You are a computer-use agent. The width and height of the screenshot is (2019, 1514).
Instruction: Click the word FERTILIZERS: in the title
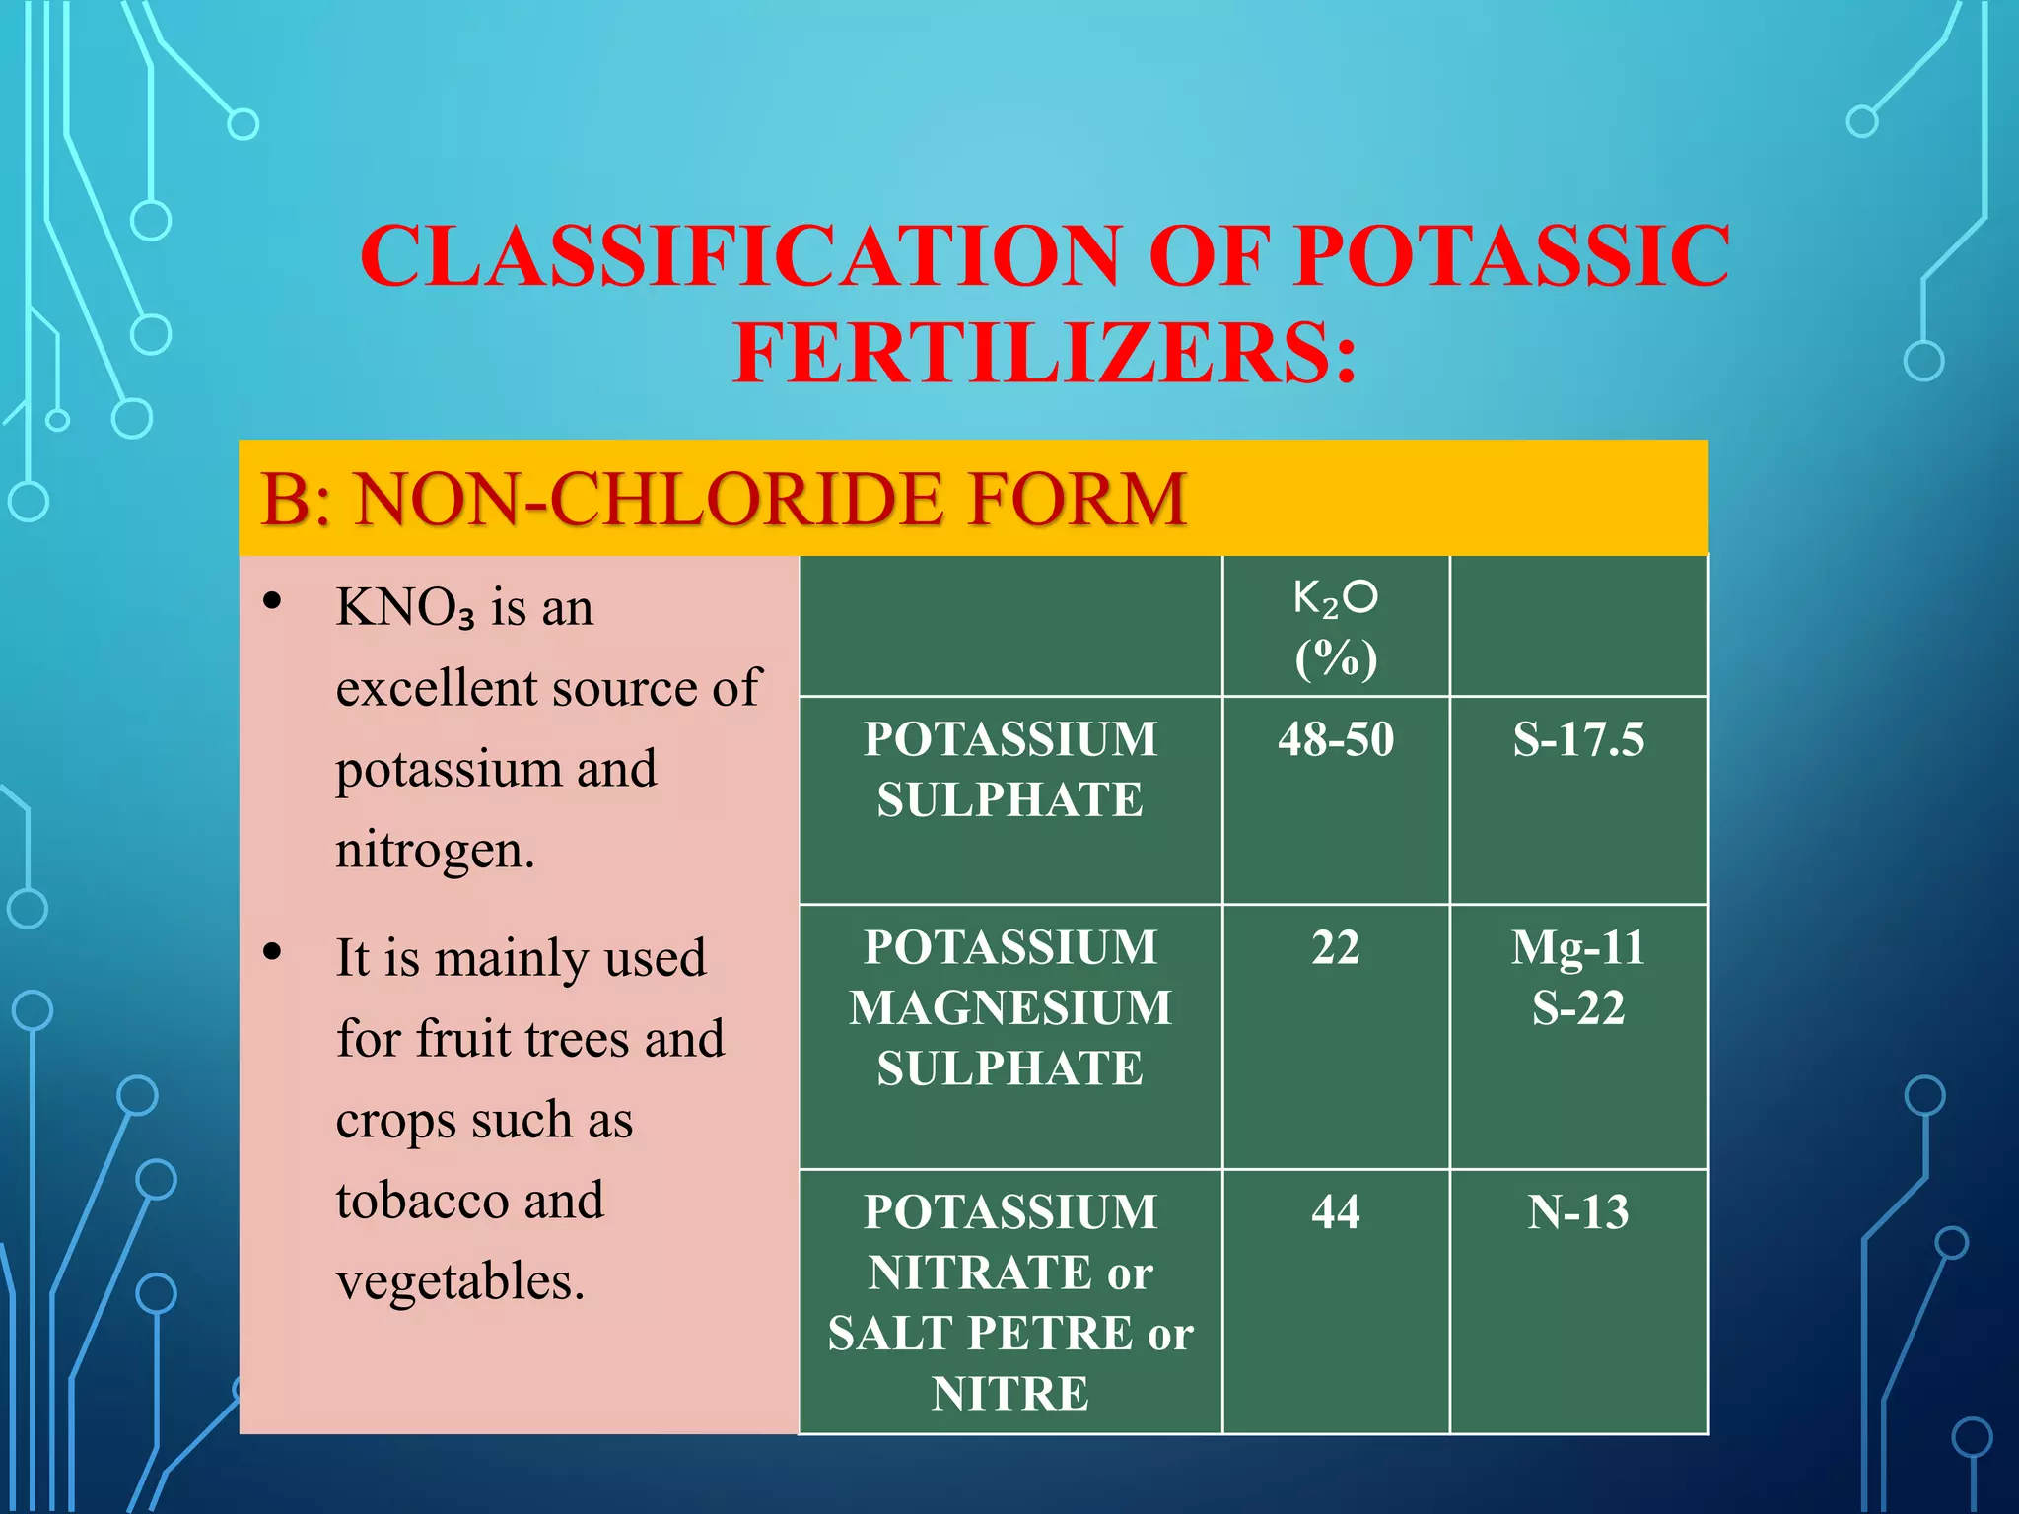coord(1045,355)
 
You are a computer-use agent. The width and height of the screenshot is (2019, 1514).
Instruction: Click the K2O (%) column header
coord(1336,628)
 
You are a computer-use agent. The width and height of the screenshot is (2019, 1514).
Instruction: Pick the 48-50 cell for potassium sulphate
coord(1336,739)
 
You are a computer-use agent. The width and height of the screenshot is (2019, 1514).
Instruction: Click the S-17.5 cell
coord(1578,739)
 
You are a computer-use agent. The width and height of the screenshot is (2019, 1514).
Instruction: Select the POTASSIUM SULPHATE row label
coord(1010,769)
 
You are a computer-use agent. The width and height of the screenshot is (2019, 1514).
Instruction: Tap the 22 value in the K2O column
coord(1336,947)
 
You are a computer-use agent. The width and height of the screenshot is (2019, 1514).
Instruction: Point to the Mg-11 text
coord(1578,947)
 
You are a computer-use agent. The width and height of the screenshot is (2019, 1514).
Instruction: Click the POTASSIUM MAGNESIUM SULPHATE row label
coord(1010,1007)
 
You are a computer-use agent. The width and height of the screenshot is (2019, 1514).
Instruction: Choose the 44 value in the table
coord(1336,1211)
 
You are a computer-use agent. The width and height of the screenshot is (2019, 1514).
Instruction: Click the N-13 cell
coord(1578,1211)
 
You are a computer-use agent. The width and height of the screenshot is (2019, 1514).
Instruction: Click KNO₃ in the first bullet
coord(405,608)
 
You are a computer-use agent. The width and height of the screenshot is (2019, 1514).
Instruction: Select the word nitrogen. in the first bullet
coord(435,850)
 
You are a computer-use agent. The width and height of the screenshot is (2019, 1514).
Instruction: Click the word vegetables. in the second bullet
coord(460,1281)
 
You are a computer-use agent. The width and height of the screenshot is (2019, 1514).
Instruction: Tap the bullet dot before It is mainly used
coord(273,952)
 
